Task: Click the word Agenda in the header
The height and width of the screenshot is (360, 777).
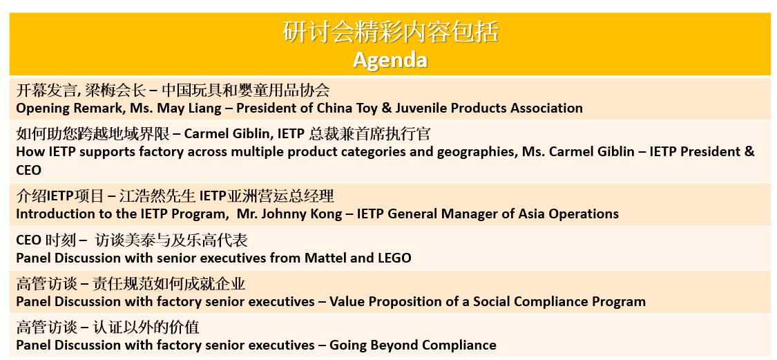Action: (390, 60)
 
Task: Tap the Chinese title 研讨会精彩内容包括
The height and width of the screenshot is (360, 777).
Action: (390, 32)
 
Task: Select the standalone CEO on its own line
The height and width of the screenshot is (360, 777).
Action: (29, 171)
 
